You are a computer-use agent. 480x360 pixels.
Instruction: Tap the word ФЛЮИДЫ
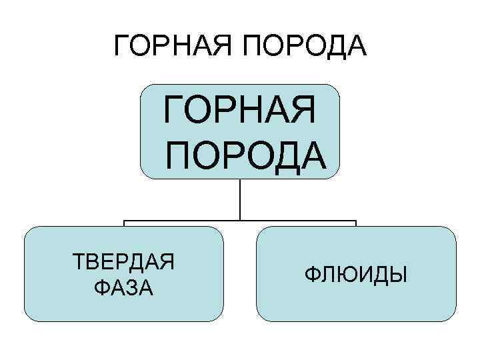(x=356, y=273)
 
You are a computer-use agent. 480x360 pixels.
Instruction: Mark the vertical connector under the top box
(x=240, y=200)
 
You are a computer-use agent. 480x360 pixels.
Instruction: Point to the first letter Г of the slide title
(x=121, y=46)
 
